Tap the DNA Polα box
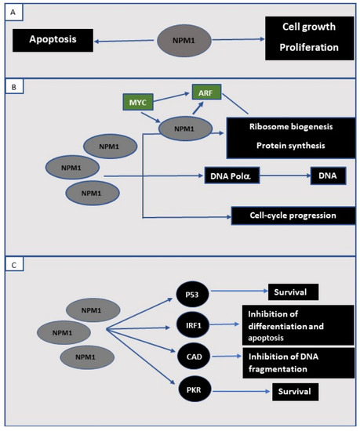pyautogui.click(x=233, y=176)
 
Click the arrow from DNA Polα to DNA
pyautogui.click(x=284, y=176)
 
